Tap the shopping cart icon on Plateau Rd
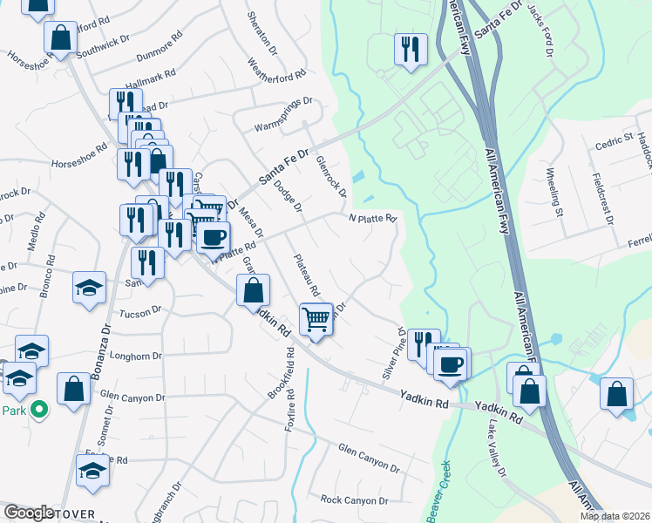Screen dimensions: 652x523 [316, 317]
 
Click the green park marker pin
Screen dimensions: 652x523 [38, 408]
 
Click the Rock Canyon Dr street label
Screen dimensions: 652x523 [354, 500]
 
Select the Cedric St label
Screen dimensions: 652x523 [614, 139]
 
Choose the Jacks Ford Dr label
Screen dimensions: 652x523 [542, 34]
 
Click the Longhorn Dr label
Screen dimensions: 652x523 [133, 356]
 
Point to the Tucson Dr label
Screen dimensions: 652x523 [140, 310]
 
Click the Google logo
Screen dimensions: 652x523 [28, 513]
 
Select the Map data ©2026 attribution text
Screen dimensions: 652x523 [614, 516]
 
